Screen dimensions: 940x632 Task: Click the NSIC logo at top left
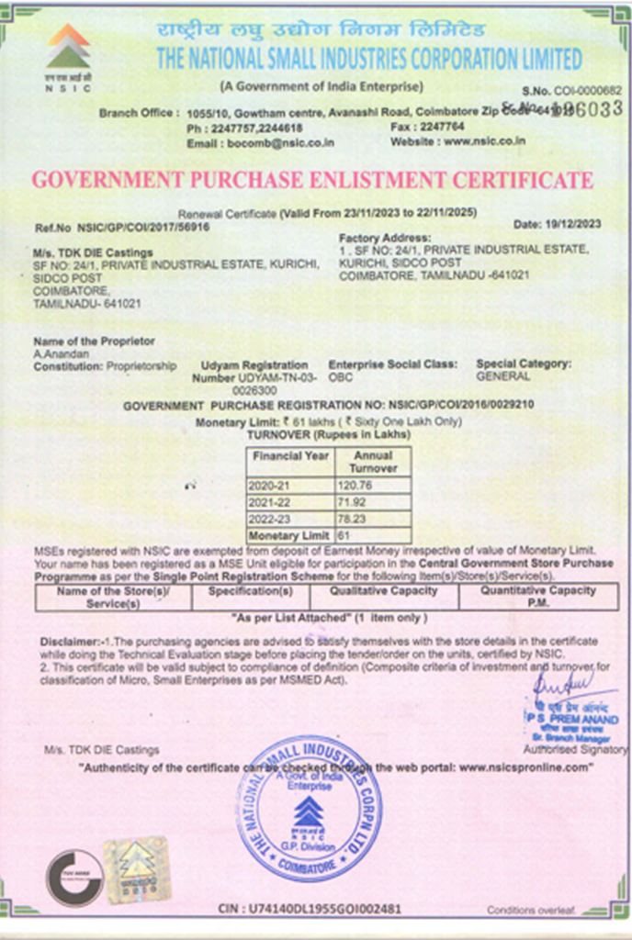pyautogui.click(x=68, y=55)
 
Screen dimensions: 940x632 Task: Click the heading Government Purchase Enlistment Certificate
pyautogui.click(x=312, y=179)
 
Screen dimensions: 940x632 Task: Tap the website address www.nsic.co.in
pyautogui.click(x=483, y=140)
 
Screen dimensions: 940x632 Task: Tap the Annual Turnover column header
pyautogui.click(x=373, y=461)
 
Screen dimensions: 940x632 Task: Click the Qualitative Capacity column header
pyautogui.click(x=384, y=592)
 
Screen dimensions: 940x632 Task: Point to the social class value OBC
pyautogui.click(x=341, y=377)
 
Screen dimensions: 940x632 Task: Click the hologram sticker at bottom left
pyautogui.click(x=137, y=867)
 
